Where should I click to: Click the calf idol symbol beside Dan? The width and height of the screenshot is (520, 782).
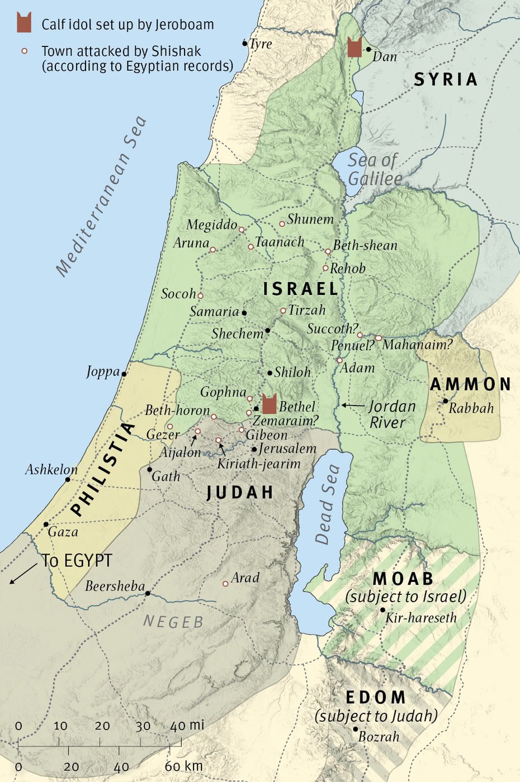pos(354,47)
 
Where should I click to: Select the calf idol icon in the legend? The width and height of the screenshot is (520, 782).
pos(23,23)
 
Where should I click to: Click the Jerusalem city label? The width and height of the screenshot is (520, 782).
pos(287,449)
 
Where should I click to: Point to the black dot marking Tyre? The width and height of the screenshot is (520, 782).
pos(245,43)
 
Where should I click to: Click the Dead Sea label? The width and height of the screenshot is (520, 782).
pos(328,505)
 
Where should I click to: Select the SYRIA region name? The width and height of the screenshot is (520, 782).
pos(446,80)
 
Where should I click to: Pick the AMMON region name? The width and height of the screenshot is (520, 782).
pos(470,384)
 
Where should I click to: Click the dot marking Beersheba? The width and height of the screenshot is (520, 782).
pos(148,593)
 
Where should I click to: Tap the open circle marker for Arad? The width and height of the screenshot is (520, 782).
pos(225,584)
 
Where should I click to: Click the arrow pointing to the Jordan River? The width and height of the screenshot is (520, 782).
pos(352,405)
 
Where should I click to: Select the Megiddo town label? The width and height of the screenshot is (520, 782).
pos(211,225)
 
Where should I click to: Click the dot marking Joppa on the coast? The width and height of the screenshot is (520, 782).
pos(124,374)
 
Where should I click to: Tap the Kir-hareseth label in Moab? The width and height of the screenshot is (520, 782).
pos(421,618)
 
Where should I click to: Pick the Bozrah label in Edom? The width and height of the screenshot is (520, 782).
pos(379,737)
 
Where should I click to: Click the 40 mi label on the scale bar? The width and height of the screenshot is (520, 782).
pos(187,726)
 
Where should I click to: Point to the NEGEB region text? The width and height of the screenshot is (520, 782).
pos(173,622)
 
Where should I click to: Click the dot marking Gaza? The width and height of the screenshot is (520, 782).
pos(46,524)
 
